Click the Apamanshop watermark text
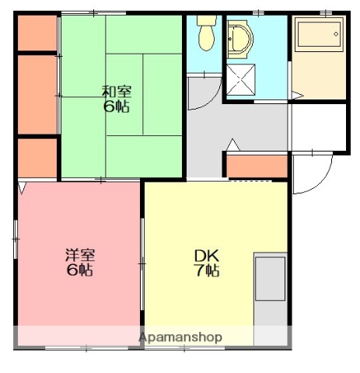[180, 337]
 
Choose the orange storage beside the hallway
[257, 166]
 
